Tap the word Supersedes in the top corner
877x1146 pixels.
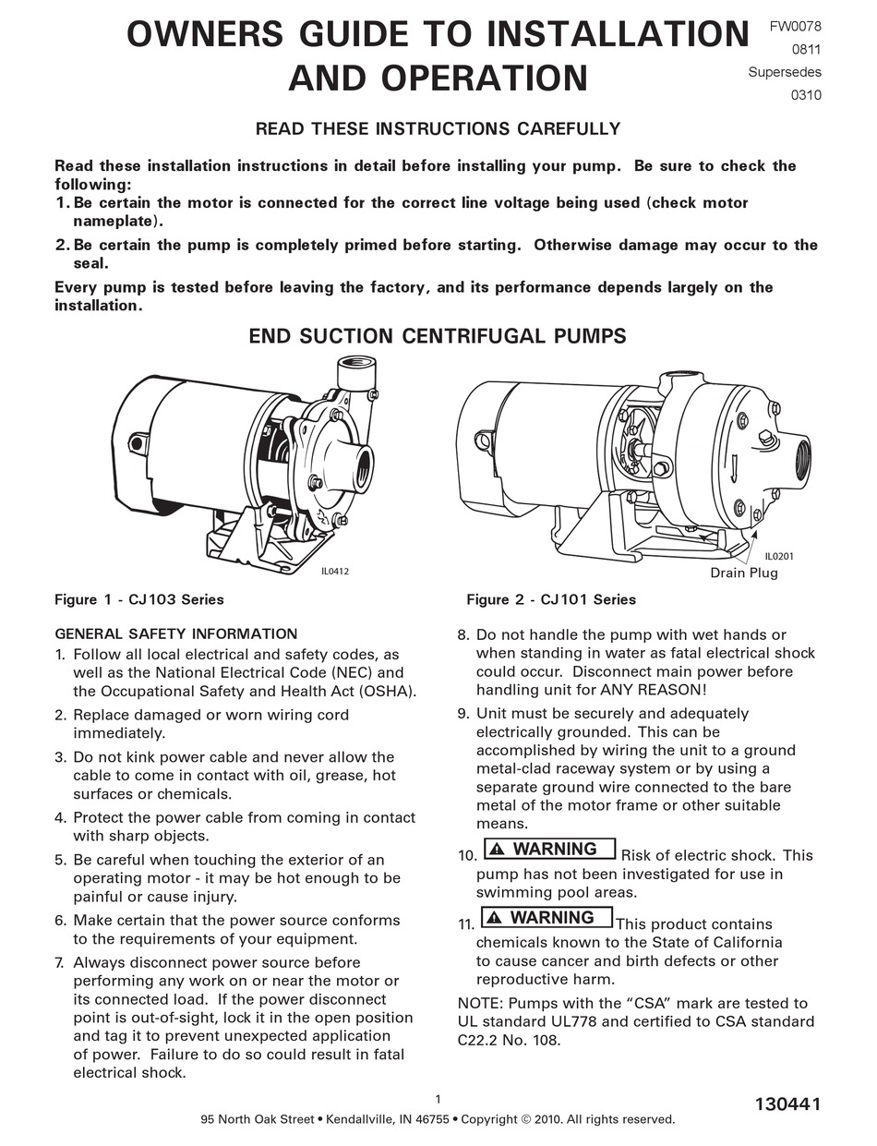[785, 72]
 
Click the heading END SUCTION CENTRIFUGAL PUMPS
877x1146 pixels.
[438, 335]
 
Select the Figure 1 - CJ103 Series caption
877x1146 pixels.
[139, 599]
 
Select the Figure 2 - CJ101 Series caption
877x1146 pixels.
[550, 599]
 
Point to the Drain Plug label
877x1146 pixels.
[743, 573]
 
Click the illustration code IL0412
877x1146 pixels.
[334, 572]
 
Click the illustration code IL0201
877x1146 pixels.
[779, 556]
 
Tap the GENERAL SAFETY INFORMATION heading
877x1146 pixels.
[176, 633]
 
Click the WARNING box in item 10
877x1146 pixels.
[548, 849]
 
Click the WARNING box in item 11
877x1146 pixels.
[546, 917]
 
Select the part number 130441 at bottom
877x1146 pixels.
[787, 1104]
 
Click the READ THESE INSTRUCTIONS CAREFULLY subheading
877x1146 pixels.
[438, 128]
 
